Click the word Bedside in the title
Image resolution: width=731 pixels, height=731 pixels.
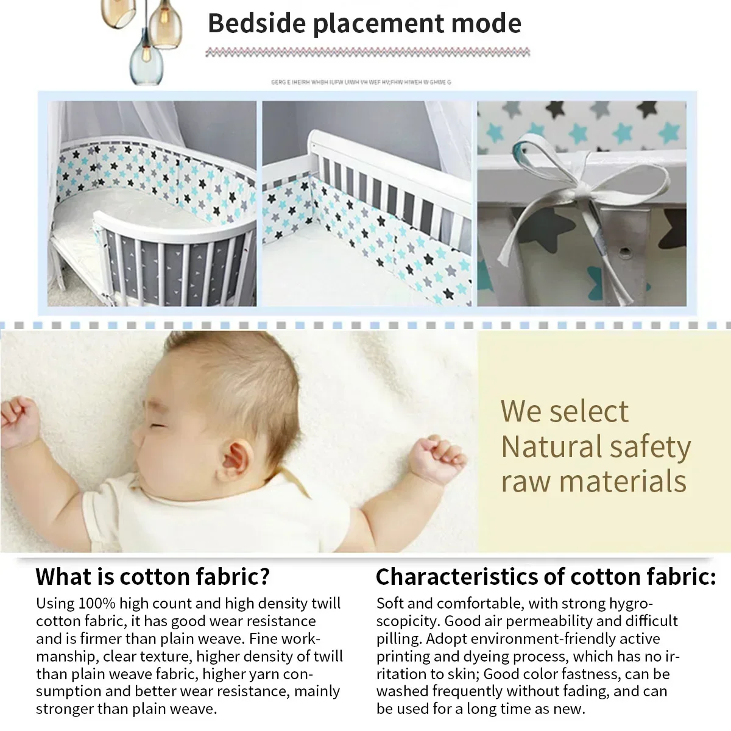click(x=256, y=24)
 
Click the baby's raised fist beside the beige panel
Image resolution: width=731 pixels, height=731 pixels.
click(x=436, y=457)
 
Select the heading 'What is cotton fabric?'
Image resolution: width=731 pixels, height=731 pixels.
click(x=152, y=576)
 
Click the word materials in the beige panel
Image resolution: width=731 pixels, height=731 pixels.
click(x=623, y=481)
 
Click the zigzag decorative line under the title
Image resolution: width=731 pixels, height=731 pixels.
click(x=367, y=53)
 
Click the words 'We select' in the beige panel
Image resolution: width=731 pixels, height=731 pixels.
click(x=564, y=411)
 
